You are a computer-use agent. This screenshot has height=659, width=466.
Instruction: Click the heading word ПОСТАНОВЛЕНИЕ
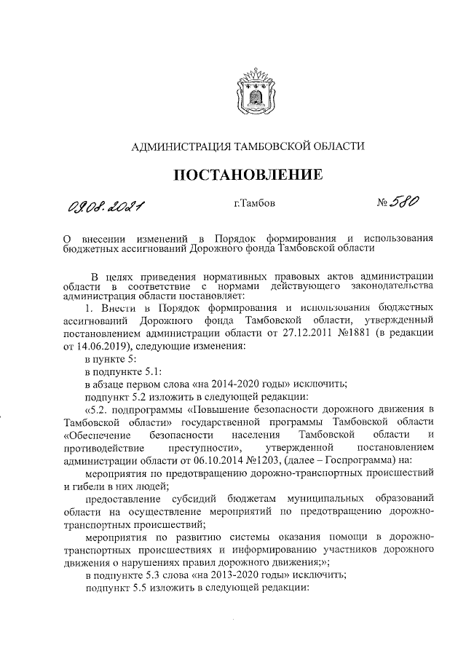tap(246, 175)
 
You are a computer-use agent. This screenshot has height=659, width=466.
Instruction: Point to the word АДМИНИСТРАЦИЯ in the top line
tap(178, 147)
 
